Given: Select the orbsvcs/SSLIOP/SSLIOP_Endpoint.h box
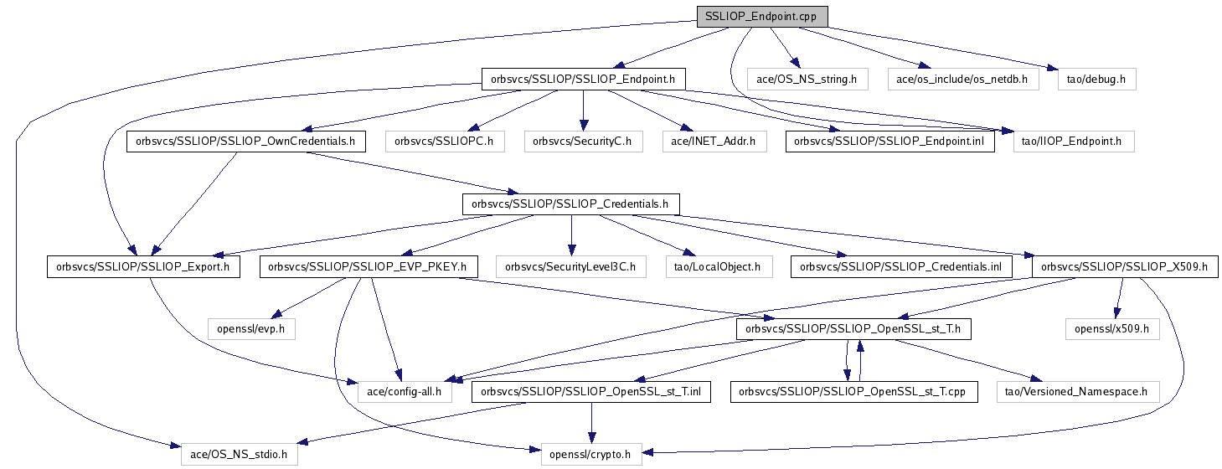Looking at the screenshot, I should point(583,80).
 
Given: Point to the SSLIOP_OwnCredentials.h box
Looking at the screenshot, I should point(245,142).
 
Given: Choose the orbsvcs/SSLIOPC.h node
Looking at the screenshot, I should point(444,142).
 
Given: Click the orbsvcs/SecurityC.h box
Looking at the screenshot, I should point(583,142).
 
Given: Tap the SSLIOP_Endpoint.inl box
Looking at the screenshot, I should point(889,142).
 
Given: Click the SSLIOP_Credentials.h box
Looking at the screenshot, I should point(570,204).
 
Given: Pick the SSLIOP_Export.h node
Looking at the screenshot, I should point(143,267).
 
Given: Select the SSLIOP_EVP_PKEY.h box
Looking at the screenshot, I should point(369,267).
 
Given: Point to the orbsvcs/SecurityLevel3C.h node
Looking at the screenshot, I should point(570,267).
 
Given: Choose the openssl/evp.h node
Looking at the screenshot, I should point(251,329).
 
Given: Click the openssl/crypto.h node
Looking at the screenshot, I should point(590,455).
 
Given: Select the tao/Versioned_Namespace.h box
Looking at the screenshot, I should point(1078,391).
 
